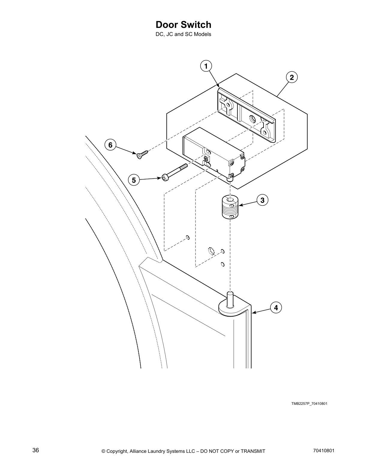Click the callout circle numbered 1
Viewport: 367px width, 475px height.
pyautogui.click(x=206, y=66)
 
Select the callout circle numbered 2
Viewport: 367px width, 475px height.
pyautogui.click(x=292, y=77)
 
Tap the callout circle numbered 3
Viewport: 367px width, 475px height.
pyautogui.click(x=262, y=200)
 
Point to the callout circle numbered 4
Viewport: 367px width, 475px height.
pyautogui.click(x=276, y=307)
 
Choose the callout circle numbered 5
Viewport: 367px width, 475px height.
pyautogui.click(x=134, y=180)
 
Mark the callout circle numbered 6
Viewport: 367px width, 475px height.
pyautogui.click(x=110, y=145)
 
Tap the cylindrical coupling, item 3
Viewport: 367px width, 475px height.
pyautogui.click(x=230, y=208)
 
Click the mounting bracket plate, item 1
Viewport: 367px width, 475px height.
pyautogui.click(x=246, y=115)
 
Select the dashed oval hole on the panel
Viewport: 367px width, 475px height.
pyautogui.click(x=212, y=251)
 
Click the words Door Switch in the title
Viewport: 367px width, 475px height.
pyautogui.click(x=183, y=25)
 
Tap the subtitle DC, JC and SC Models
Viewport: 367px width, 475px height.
pyautogui.click(x=183, y=34)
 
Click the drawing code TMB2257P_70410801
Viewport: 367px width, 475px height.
pyautogui.click(x=309, y=403)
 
